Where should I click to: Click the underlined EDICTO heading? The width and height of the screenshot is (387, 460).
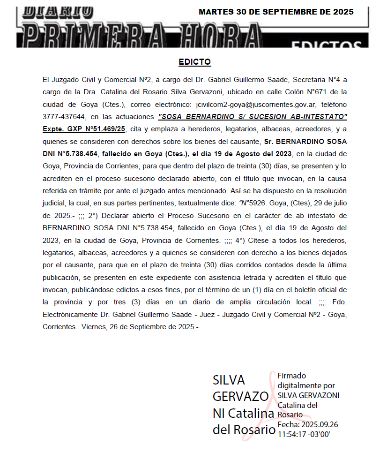194,62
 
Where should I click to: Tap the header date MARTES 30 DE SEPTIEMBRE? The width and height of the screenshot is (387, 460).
276,12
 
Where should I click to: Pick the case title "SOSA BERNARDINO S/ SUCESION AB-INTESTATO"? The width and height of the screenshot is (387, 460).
253,116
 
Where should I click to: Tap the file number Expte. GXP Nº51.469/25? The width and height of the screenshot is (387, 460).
84,128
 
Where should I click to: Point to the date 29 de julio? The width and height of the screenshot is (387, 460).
329,203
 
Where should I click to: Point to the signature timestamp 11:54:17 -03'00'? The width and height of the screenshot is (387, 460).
304,434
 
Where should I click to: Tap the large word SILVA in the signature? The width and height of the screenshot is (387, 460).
229,379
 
